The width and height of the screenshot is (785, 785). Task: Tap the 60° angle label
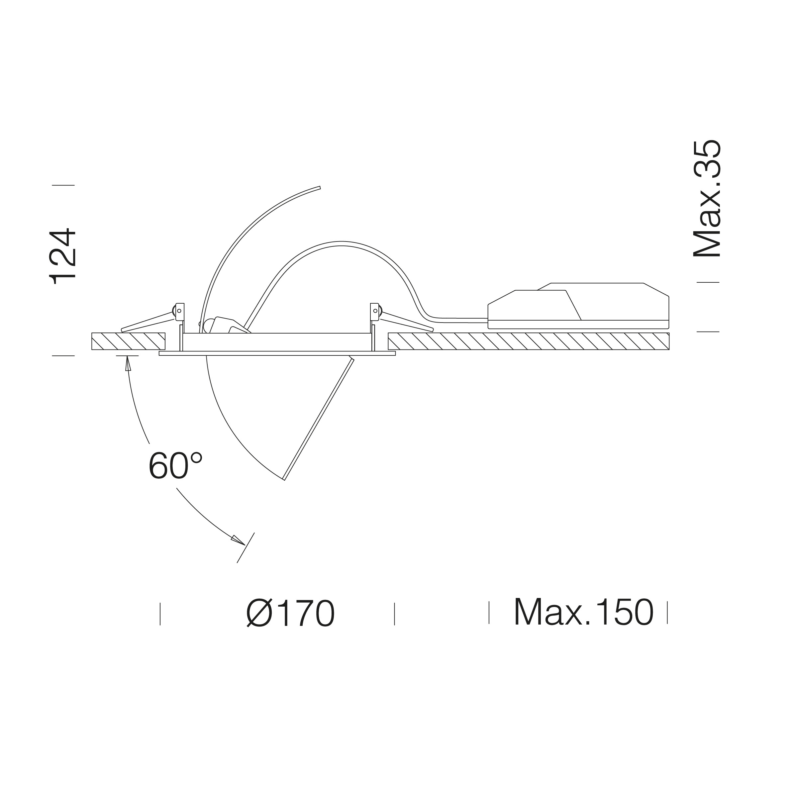pos(175,466)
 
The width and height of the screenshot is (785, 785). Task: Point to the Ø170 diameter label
pos(291,613)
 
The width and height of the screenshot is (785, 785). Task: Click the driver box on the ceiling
pos(578,306)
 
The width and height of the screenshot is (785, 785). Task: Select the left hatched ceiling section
pos(128,341)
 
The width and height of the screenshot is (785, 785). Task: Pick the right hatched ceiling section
pos(529,341)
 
